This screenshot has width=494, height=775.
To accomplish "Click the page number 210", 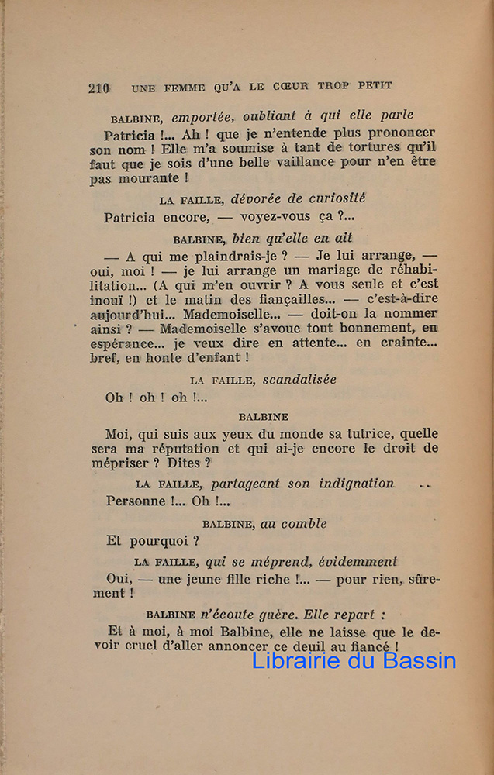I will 98,88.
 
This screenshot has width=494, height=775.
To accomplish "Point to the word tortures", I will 370,148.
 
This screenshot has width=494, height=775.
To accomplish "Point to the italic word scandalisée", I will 299,380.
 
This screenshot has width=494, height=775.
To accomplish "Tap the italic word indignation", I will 356,484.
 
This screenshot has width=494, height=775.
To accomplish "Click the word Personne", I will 136,501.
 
